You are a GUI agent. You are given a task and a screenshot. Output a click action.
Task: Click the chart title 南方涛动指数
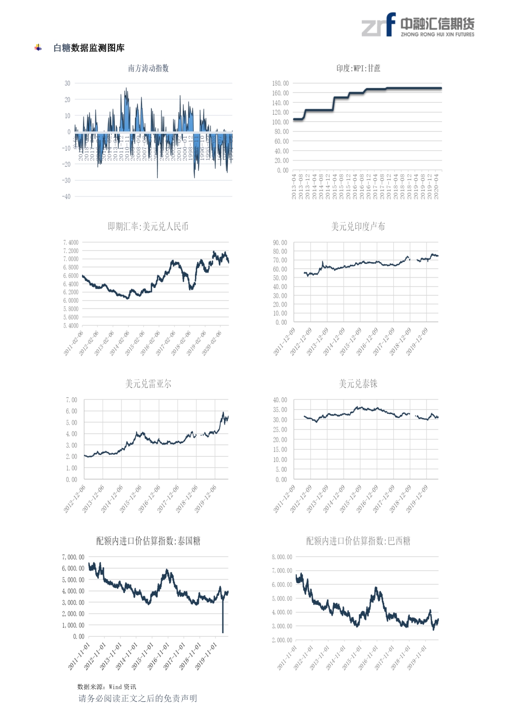point(148,68)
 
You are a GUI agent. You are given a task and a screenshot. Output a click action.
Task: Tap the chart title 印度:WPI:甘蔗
point(358,68)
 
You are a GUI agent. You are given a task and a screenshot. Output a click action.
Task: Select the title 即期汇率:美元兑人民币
point(148,226)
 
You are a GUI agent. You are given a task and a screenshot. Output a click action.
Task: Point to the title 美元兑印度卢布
point(358,226)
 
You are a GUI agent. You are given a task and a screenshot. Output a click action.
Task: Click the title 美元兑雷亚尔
point(148,384)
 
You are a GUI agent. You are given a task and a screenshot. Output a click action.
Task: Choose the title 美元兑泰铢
point(358,384)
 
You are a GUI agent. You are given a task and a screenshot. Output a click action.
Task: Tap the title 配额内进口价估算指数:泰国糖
point(148,541)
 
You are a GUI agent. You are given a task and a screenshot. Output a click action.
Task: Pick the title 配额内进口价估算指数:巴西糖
point(358,541)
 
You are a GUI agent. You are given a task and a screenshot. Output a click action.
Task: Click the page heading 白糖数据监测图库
point(89,48)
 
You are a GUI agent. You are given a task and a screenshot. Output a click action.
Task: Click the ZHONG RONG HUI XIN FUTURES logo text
point(437,34)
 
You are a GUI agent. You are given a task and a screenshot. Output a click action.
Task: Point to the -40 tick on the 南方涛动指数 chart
point(66,197)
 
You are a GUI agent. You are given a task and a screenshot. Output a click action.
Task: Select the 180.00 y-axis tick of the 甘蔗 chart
point(280,83)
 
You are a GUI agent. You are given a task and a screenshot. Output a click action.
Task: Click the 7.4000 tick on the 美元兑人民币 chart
point(70,242)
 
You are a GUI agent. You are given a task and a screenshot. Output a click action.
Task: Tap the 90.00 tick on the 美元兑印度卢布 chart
point(280,242)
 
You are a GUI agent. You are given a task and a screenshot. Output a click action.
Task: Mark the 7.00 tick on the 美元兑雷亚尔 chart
point(71,400)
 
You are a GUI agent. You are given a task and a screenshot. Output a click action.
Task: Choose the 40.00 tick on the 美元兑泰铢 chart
point(280,400)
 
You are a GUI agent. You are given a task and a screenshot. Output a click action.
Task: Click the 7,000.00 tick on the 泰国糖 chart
point(73,557)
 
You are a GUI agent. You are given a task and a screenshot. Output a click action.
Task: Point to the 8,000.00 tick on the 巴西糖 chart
point(282,557)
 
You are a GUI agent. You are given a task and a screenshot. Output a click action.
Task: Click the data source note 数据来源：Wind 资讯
point(107,687)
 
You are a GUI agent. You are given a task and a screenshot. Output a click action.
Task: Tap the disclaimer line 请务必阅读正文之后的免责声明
point(138,698)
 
